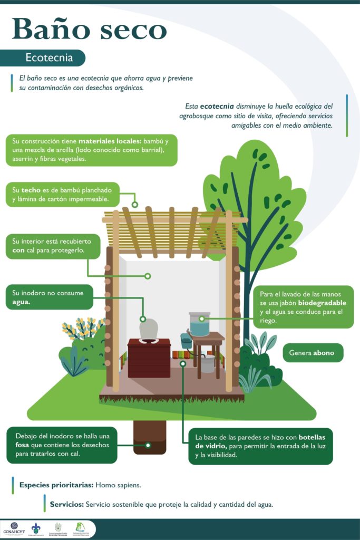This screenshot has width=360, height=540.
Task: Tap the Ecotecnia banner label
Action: (49, 56)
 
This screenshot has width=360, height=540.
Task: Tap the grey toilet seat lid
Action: (149, 330)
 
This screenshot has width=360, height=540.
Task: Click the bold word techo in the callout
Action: (31, 190)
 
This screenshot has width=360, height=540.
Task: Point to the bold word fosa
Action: (22, 445)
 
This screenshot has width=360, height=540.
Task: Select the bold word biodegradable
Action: (322, 303)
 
